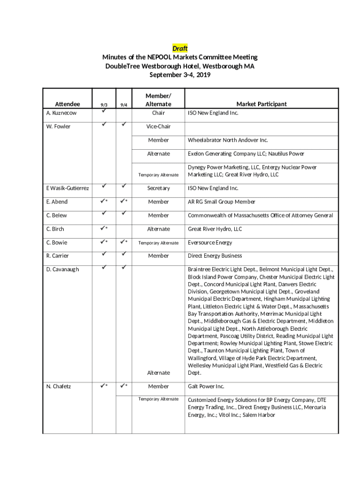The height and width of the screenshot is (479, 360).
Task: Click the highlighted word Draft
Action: (x=180, y=49)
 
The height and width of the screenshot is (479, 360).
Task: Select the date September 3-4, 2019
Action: (x=180, y=75)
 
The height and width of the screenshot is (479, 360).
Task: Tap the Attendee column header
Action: (x=68, y=104)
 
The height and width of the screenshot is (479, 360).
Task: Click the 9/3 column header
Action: (x=104, y=105)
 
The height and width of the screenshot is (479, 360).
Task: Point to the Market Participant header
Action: (x=261, y=104)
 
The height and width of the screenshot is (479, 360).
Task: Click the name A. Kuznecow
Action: (x=62, y=113)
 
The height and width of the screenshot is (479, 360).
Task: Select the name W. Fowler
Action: (x=58, y=126)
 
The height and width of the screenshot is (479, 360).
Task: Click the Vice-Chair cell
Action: (x=158, y=127)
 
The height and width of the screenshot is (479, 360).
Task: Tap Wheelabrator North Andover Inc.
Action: (x=228, y=140)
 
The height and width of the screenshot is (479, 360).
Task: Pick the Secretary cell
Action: (x=158, y=188)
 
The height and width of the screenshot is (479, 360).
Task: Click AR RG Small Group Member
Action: (x=222, y=202)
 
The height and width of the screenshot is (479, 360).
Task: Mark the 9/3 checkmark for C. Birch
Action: (x=104, y=229)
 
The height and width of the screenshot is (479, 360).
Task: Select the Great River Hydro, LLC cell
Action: (x=215, y=229)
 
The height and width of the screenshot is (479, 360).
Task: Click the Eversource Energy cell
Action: (x=210, y=242)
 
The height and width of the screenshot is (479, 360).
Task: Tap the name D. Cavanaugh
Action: (x=63, y=269)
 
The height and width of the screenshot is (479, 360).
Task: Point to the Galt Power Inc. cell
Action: (x=206, y=386)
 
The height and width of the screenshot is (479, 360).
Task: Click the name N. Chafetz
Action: (x=58, y=386)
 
